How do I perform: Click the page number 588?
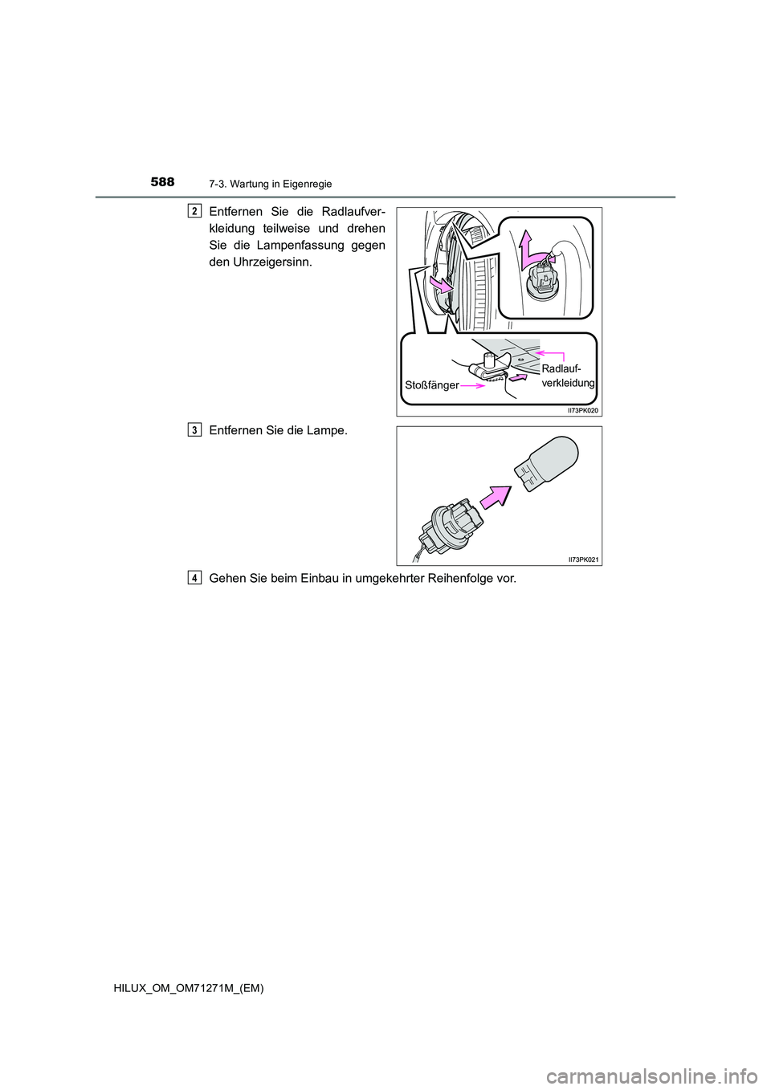point(162,182)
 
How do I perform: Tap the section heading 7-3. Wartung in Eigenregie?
point(270,184)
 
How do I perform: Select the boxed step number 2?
point(194,211)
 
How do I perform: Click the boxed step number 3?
point(194,430)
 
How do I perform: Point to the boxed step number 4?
point(194,578)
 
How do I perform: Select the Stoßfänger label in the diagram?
point(432,385)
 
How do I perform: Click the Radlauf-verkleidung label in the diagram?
point(567,376)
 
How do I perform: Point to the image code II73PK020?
point(583,410)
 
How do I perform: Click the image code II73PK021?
point(584,559)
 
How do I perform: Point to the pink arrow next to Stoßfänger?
point(472,386)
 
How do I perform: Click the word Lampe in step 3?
point(326,430)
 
